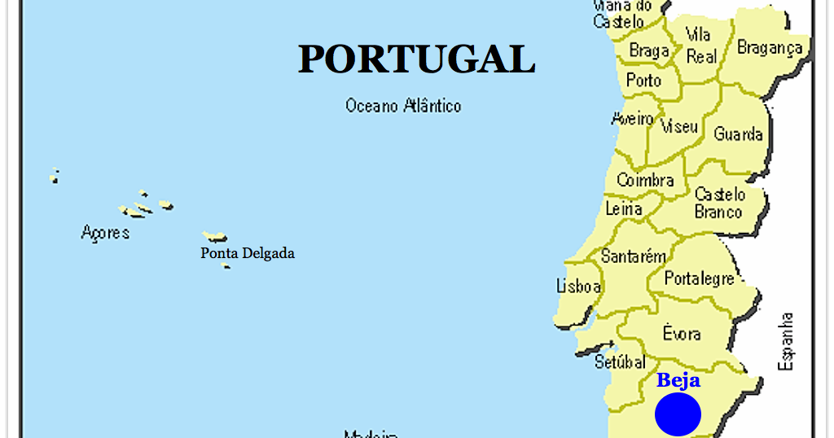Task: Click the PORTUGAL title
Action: [416, 59]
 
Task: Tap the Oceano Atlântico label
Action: [403, 106]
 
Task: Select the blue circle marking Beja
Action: [678, 414]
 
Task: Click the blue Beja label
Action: [678, 380]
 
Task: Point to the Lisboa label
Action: [578, 287]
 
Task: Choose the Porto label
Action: [643, 81]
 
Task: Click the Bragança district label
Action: [770, 48]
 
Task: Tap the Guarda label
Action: [738, 134]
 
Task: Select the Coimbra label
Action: [645, 180]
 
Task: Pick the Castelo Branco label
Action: [719, 204]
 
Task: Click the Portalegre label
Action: [699, 279]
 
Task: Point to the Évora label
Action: [681, 333]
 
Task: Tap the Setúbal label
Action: [620, 361]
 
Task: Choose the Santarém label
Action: [633, 256]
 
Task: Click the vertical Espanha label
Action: [786, 341]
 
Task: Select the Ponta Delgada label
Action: [248, 253]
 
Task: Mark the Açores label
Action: [105, 233]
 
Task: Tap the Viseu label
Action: [679, 127]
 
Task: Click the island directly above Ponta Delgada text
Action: [216, 237]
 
